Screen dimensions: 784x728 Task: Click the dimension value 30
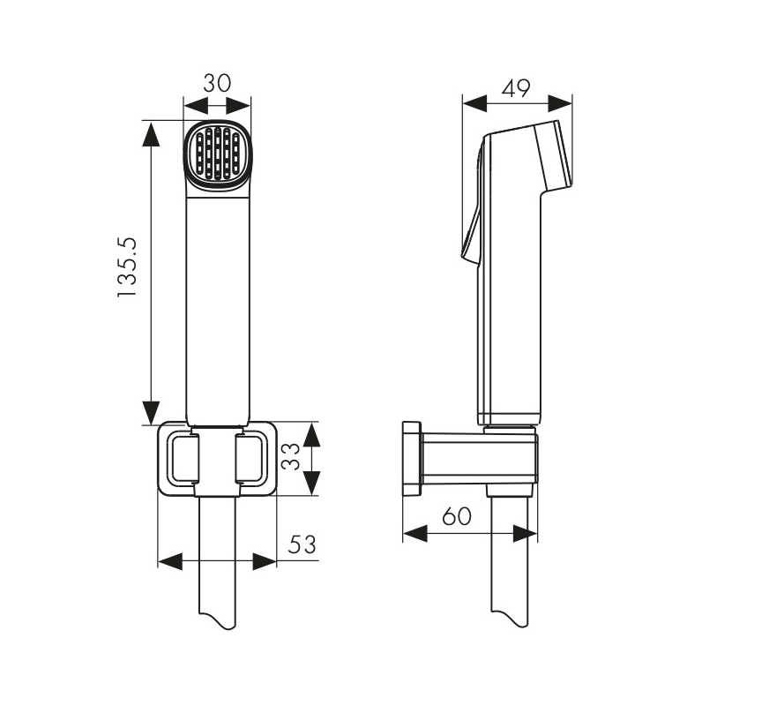point(217,83)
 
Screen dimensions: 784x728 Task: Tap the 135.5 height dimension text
point(127,267)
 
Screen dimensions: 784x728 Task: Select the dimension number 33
point(290,456)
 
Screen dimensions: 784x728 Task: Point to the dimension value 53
point(302,544)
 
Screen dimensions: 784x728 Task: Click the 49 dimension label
point(517,88)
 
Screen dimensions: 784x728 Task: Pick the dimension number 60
point(457,516)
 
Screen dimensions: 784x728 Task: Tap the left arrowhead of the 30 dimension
point(196,106)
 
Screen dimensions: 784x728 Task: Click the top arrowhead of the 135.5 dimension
point(151,133)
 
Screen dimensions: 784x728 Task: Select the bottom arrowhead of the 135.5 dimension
point(151,413)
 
